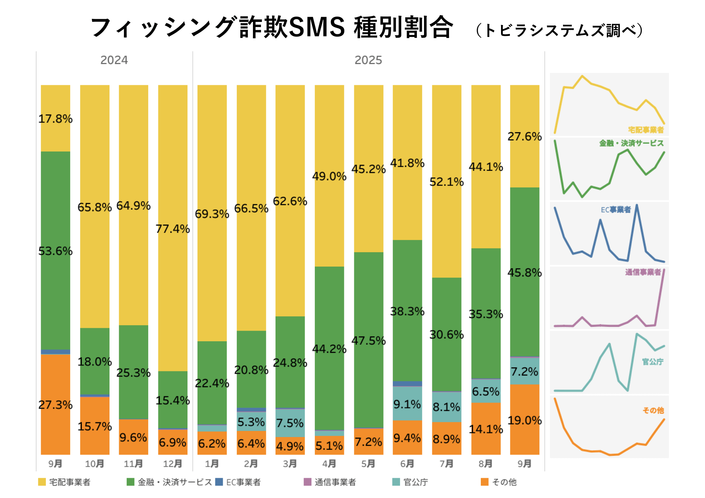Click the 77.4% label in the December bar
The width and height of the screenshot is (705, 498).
172,229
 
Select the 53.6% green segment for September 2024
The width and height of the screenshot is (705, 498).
55,251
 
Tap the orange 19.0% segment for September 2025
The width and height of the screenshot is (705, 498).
524,420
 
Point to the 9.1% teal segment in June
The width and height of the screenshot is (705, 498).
407,404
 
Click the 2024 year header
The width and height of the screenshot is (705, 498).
114,60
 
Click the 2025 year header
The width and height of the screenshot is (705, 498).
368,60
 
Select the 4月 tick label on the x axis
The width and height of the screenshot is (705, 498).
329,463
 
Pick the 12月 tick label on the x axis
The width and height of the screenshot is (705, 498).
172,463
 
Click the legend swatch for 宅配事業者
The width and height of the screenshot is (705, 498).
42,482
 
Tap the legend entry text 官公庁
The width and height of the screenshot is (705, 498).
416,482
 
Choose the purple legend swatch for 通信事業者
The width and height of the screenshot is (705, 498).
307,482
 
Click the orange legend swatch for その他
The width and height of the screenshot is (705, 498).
485,482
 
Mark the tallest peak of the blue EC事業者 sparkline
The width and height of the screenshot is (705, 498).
637,205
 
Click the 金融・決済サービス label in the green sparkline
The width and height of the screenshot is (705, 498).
631,143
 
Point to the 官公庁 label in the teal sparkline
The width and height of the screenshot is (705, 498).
653,361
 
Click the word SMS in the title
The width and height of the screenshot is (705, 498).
317,27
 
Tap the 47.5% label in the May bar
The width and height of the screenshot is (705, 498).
369,341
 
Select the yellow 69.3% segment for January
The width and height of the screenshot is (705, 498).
212,214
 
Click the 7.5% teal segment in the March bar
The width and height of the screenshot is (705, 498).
290,423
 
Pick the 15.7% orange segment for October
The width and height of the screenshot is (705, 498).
94,426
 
